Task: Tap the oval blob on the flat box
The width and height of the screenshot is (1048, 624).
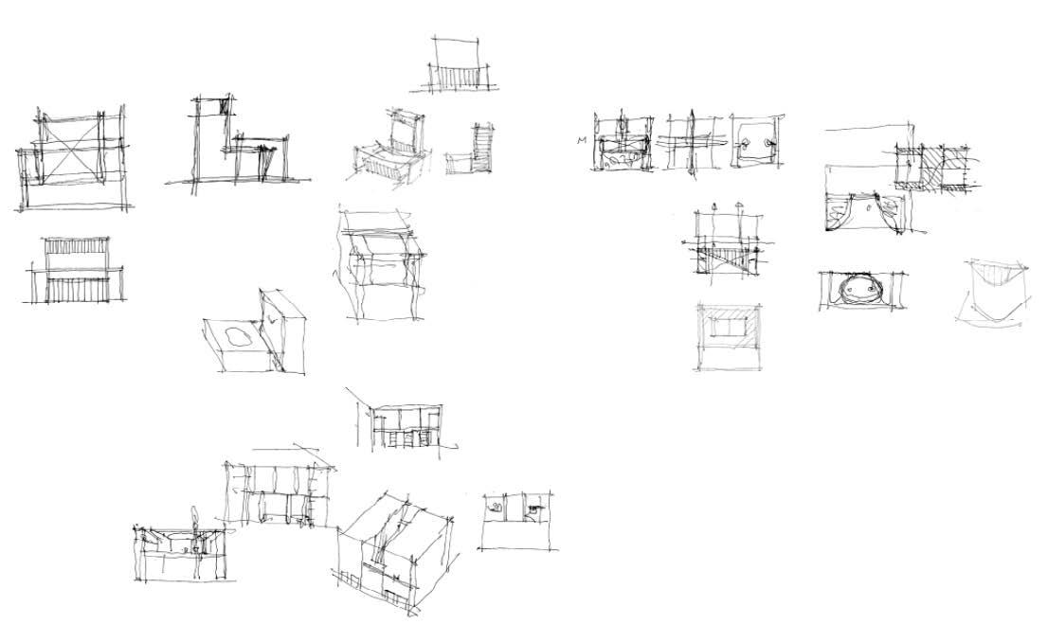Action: click(x=234, y=336)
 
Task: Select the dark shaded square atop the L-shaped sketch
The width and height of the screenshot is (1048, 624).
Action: click(x=225, y=106)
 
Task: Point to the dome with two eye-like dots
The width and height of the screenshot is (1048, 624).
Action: click(x=858, y=289)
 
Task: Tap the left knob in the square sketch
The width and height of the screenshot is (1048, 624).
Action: click(x=747, y=143)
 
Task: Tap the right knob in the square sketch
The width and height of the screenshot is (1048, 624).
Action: click(x=768, y=143)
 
